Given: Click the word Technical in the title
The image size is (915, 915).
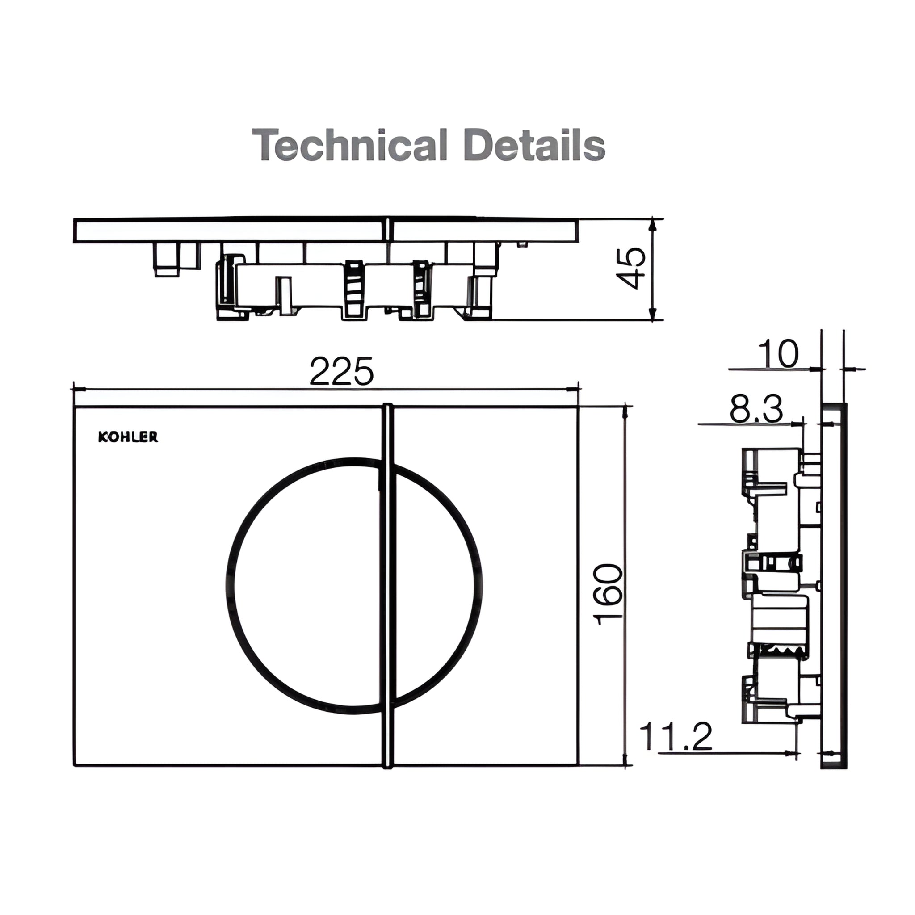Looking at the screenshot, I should [349, 145].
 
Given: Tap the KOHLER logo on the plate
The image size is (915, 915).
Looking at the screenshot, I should [128, 437].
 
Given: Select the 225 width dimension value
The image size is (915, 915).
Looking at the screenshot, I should [341, 372].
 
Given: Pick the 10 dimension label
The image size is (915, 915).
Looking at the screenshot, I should [778, 354].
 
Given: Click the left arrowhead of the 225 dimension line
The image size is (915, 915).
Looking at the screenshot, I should [79, 389].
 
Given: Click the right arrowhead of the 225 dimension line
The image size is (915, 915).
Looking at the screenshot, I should [574, 389].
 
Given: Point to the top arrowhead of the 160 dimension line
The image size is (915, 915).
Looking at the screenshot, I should [626, 411].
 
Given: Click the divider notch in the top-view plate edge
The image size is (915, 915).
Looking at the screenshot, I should [387, 231].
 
